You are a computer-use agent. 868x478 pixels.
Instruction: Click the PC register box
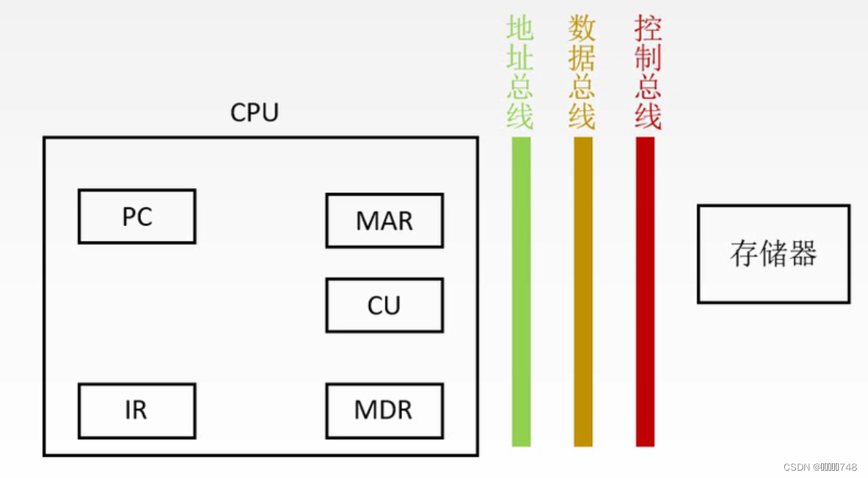pyautogui.click(x=136, y=217)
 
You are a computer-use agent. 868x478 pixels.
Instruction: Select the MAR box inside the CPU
pyautogui.click(x=384, y=220)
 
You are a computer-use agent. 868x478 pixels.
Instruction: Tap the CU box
pyautogui.click(x=384, y=305)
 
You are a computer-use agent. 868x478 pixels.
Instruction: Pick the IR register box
pyautogui.click(x=136, y=410)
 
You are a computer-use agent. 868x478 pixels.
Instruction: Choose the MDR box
pyautogui.click(x=384, y=410)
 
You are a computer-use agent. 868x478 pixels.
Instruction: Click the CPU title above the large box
pyautogui.click(x=255, y=113)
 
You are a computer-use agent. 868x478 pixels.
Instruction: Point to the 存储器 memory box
pyautogui.click(x=773, y=254)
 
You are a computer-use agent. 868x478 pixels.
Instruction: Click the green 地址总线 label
pyautogui.click(x=520, y=73)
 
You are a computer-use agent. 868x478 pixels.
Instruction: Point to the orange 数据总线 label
pyautogui.click(x=582, y=73)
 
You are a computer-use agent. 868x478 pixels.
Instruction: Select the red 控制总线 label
pyautogui.click(x=648, y=73)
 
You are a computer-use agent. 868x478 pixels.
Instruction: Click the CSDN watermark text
pyautogui.click(x=820, y=467)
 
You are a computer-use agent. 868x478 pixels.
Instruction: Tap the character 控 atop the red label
pyautogui.click(x=648, y=29)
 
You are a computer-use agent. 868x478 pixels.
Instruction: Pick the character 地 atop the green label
pyautogui.click(x=520, y=29)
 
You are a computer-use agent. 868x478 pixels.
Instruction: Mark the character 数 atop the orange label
pyautogui.click(x=582, y=29)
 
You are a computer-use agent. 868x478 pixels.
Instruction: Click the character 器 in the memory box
pyautogui.click(x=804, y=254)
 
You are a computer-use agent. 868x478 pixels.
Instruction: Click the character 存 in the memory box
pyautogui.click(x=743, y=254)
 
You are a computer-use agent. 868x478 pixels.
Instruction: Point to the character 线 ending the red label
pyautogui.click(x=648, y=116)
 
